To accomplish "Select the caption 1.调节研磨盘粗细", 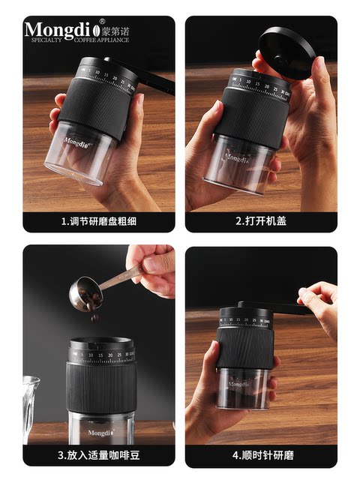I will click(x=98, y=222).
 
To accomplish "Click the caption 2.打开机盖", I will click(x=261, y=222).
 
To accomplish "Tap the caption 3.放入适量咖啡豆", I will click(x=98, y=454).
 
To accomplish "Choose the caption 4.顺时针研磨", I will click(x=261, y=454).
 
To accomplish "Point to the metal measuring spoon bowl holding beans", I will click(x=84, y=295).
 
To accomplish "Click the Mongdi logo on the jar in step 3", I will click(x=98, y=432).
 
